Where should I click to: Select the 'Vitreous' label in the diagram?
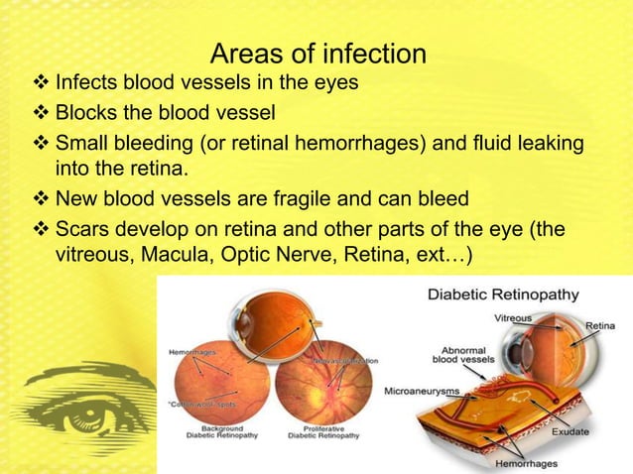[513, 318]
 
